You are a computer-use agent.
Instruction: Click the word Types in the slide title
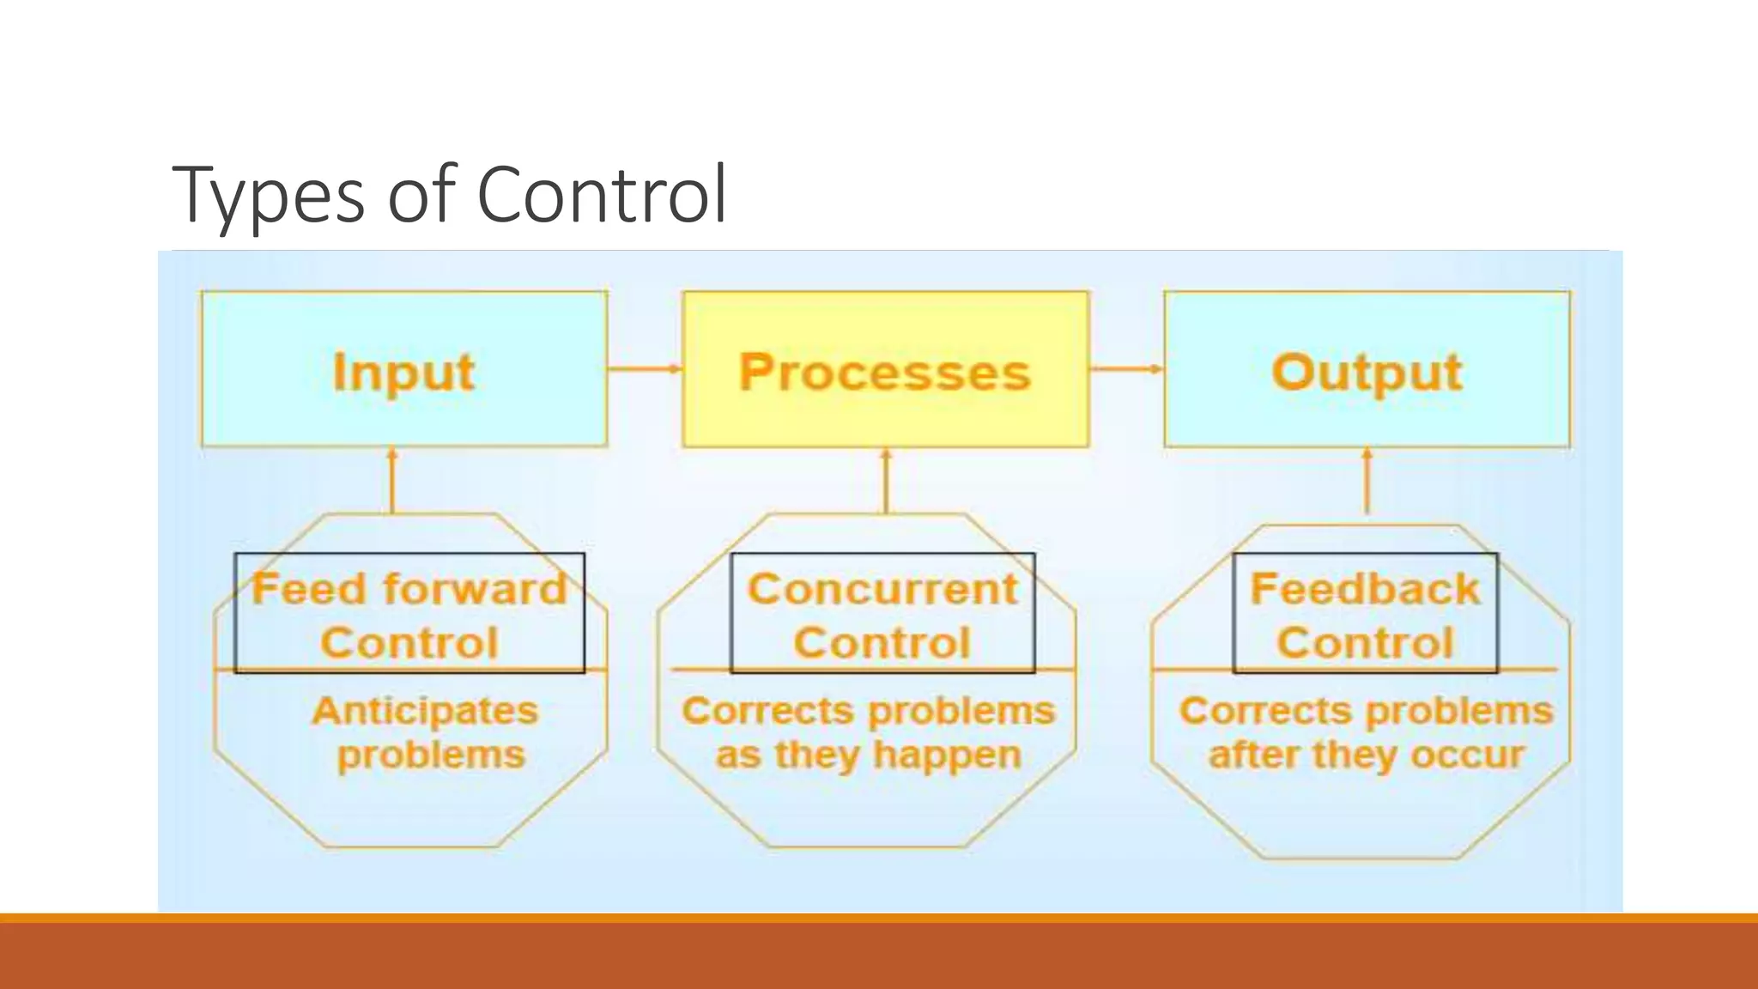(268, 196)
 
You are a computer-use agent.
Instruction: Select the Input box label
(403, 373)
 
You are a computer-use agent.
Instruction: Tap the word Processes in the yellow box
(884, 373)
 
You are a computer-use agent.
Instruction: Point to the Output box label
(1367, 373)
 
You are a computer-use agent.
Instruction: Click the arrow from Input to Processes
(644, 369)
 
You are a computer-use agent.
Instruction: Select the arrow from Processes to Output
(1126, 369)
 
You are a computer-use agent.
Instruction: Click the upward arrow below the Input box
(392, 481)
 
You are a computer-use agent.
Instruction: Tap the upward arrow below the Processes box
(886, 481)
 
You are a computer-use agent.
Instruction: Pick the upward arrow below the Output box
(1367, 481)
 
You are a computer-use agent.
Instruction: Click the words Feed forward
(409, 590)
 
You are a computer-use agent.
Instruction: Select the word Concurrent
(882, 590)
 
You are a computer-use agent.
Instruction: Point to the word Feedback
(1365, 590)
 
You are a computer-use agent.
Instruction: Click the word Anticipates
(425, 711)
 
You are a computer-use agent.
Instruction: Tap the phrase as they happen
(869, 755)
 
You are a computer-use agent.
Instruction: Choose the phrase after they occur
(1366, 755)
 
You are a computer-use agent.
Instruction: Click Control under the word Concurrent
(882, 643)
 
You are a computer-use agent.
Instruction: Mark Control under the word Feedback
(1365, 643)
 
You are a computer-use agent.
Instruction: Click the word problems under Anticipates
(431, 755)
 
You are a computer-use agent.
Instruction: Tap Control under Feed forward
(409, 643)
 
